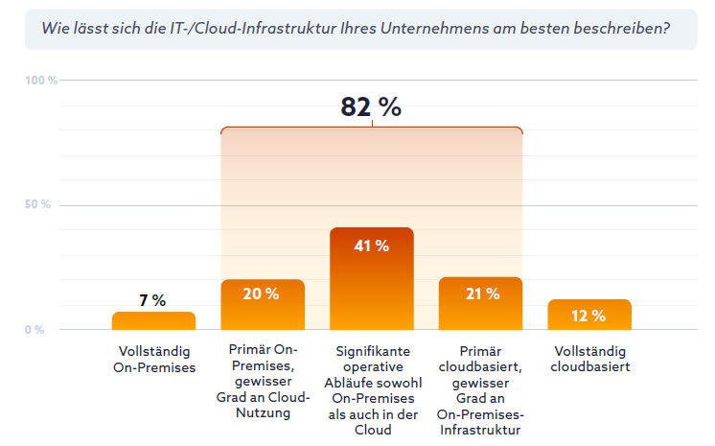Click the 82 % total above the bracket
[371, 107]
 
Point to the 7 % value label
[152, 300]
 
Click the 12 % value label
[589, 316]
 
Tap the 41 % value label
[372, 246]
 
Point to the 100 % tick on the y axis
[41, 81]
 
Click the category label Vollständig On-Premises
[153, 359]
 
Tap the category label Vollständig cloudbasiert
[589, 359]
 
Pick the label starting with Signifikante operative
[372, 389]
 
